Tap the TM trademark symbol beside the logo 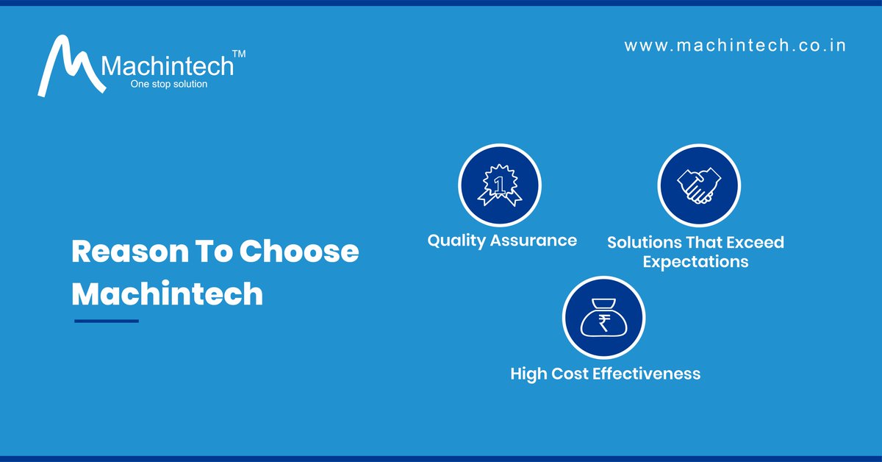tap(239, 54)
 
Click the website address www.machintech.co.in tap(735, 46)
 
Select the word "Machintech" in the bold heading tap(167, 294)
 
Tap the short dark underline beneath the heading tap(106, 321)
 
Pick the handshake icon tap(698, 185)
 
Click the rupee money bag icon tap(603, 318)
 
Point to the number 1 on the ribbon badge tap(500, 180)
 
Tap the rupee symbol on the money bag tap(603, 322)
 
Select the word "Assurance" tap(536, 241)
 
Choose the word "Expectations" tap(695, 261)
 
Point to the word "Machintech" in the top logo tap(168, 67)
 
